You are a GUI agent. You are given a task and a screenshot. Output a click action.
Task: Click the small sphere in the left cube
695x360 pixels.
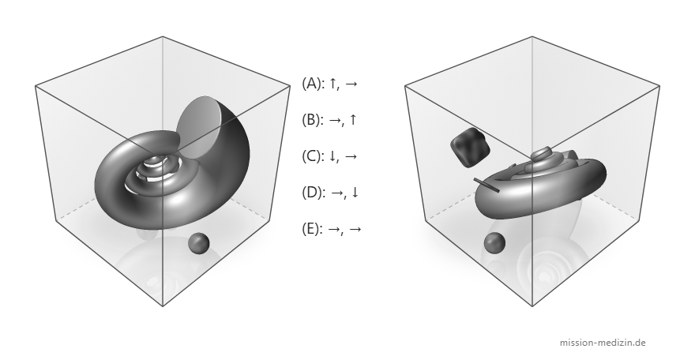[198, 243]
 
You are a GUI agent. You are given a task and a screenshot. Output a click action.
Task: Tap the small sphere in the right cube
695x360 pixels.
[494, 243]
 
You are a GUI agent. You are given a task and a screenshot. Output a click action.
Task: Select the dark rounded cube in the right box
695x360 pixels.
[470, 148]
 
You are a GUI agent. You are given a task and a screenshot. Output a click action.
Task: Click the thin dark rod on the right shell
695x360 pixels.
[486, 185]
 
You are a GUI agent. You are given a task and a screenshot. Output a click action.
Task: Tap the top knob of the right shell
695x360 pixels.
[541, 154]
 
